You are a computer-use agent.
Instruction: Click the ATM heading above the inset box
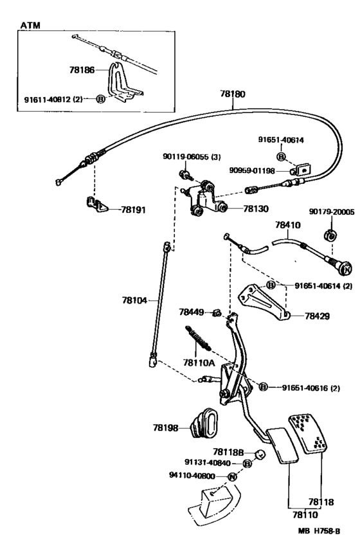point(30,25)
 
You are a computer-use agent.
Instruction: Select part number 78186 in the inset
point(82,70)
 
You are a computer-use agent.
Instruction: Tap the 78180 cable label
point(233,94)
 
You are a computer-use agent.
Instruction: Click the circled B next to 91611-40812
point(100,99)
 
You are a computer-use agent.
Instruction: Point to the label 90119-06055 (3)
point(192,157)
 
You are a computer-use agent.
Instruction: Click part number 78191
point(133,210)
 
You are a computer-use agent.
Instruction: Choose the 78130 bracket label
point(256,208)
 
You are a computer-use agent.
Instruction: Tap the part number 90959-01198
point(252,170)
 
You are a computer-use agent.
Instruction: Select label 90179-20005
point(332,212)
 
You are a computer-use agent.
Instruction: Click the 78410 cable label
point(288,224)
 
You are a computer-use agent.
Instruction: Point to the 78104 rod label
point(134,300)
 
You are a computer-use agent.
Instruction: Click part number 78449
point(192,312)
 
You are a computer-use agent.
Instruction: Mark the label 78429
point(317,316)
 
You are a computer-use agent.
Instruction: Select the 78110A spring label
point(199,363)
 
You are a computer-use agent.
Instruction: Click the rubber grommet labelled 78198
point(206,424)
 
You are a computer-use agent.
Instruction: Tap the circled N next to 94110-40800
point(232,476)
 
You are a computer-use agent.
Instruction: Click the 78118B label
point(228,452)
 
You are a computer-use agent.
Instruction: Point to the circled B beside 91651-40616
point(264,387)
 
